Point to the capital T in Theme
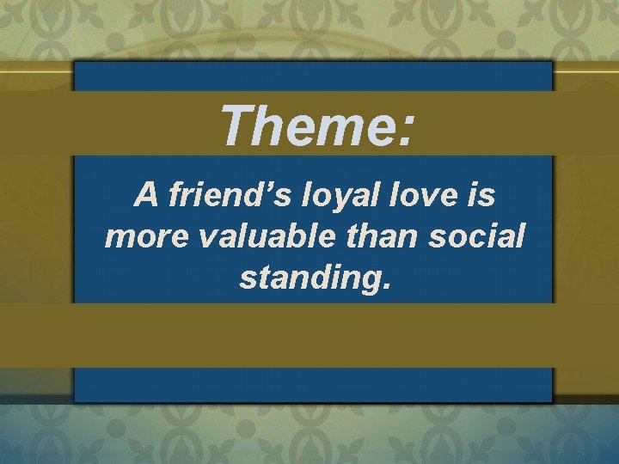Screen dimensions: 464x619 tap(236, 125)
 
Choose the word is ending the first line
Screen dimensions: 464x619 tap(481, 196)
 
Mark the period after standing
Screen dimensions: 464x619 tap(387, 286)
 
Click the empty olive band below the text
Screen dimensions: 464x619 tap(309, 335)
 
